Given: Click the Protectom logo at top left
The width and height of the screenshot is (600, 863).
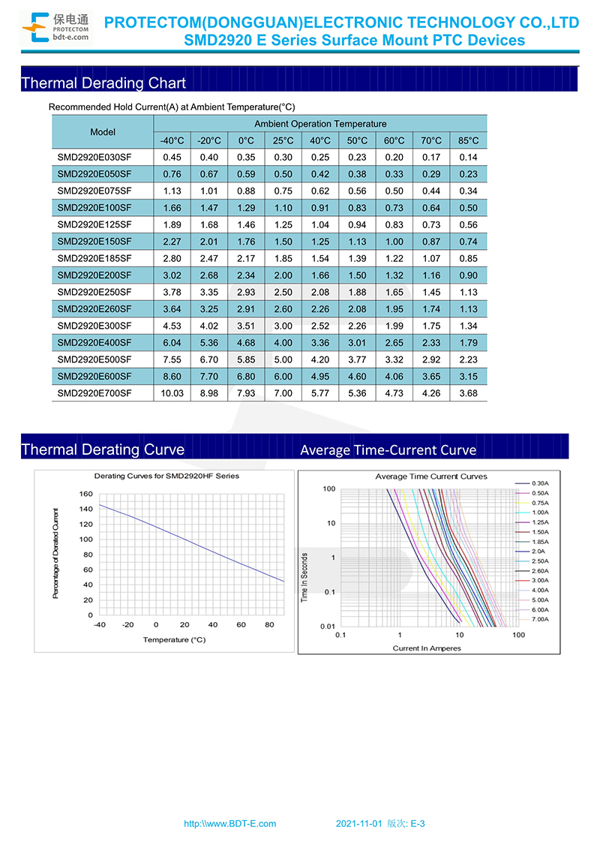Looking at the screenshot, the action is click(56, 28).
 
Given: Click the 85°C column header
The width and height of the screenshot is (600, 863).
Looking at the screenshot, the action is click(469, 141).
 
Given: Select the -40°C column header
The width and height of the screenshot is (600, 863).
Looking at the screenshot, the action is click(172, 141).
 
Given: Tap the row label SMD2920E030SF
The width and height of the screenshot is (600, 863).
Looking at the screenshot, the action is click(94, 158).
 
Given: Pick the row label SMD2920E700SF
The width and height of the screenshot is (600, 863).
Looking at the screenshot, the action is click(94, 393).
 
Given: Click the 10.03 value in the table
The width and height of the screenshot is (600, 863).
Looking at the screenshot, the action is click(172, 393).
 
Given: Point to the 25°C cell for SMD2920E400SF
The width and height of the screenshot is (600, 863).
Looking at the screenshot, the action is click(283, 343).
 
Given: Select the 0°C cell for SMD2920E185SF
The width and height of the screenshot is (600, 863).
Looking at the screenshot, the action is click(247, 259).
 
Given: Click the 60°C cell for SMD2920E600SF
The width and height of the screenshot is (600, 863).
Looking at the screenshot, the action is click(394, 377).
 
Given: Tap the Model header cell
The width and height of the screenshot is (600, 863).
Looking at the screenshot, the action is click(103, 132).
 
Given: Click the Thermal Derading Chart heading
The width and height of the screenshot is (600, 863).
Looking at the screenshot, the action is click(103, 83).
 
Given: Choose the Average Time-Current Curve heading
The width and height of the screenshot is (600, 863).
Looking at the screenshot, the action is click(388, 450).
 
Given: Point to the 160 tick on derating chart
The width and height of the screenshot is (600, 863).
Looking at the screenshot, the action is click(86, 495).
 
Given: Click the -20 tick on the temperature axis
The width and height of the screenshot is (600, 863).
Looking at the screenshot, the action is click(127, 625).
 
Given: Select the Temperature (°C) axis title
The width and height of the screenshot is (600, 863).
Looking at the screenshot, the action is click(174, 640).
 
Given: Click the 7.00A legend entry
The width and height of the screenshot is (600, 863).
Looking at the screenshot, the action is click(532, 620).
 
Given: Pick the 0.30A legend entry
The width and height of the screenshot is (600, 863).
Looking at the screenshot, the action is click(532, 484).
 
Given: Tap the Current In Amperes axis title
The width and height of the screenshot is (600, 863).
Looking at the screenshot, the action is click(427, 648).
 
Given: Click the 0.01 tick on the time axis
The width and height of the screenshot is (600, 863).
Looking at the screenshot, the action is click(328, 627).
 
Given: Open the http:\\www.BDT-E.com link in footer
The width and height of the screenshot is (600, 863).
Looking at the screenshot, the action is click(230, 824).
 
